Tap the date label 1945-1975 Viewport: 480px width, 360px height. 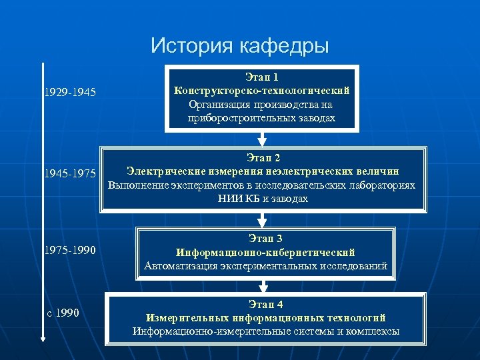pyautogui.click(x=70, y=174)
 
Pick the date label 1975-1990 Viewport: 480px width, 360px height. pyautogui.click(x=70, y=251)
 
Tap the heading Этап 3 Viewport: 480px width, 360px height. pyautogui.click(x=265, y=238)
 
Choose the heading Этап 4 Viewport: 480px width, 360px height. pyautogui.click(x=265, y=304)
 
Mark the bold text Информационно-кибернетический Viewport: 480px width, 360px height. pyautogui.click(x=265, y=253)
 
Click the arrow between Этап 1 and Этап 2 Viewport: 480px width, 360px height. pyautogui.click(x=262, y=139)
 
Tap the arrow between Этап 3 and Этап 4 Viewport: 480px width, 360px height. pyautogui.click(x=264, y=286)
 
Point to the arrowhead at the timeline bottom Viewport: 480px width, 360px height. pyautogui.click(x=43, y=339)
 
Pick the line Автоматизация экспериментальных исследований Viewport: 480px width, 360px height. pyautogui.click(x=265, y=266)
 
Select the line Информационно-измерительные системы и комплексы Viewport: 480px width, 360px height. pyautogui.click(x=265, y=331)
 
